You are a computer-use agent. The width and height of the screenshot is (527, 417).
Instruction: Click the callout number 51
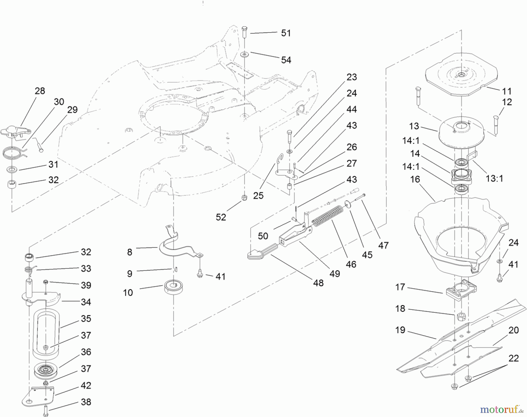coord(286,33)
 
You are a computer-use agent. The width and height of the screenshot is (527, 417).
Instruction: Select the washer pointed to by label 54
coord(244,55)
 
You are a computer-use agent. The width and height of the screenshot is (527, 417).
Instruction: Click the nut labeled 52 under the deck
coord(244,198)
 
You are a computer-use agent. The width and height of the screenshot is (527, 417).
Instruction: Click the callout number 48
coord(318,283)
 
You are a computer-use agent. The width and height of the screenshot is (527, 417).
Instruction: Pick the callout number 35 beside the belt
coord(86,319)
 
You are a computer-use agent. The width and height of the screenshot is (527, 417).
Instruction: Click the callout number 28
coord(40,91)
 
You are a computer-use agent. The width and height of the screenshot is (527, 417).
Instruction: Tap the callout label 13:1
coord(494,178)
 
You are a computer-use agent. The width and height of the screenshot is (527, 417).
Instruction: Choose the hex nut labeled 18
coord(461,317)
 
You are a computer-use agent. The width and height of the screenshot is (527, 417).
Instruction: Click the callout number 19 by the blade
coord(400,330)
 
